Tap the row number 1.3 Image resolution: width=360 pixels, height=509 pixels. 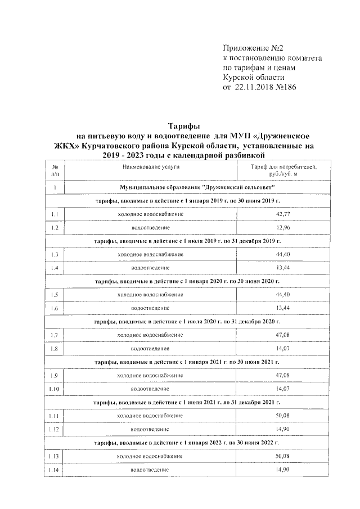[55, 255]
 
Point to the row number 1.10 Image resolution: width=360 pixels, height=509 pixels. [55, 389]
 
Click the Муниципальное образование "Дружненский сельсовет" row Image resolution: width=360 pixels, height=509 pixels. [196, 186]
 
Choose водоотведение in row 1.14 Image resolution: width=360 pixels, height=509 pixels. [150, 469]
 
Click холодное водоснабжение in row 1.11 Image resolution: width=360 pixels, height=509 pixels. [150, 416]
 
